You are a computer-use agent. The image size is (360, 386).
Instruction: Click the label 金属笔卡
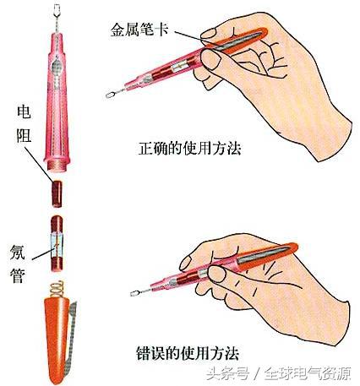pyautogui.click(x=139, y=30)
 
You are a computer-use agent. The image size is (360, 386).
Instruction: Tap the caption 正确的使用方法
pyautogui.click(x=189, y=149)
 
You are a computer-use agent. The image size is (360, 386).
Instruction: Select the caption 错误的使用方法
pyautogui.click(x=188, y=353)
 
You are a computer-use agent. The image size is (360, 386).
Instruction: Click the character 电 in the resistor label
pyautogui.click(x=24, y=111)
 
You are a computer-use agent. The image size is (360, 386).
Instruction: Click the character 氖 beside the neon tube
pyautogui.click(x=18, y=252)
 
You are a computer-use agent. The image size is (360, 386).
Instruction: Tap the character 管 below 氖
pyautogui.click(x=18, y=275)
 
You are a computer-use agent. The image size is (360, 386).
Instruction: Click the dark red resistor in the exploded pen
pyautogui.click(x=57, y=194)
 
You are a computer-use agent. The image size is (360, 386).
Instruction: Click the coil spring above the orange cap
pyautogui.click(x=57, y=289)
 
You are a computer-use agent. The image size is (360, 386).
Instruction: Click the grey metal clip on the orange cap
pyautogui.click(x=71, y=338)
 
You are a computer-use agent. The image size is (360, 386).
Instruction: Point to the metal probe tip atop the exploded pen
pyautogui.click(x=57, y=14)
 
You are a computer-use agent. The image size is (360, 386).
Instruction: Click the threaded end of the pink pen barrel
pyautogui.click(x=58, y=165)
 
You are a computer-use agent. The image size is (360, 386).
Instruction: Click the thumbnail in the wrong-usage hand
pyautogui.click(x=217, y=273)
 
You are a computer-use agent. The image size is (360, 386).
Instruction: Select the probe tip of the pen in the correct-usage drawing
pyautogui.click(x=111, y=95)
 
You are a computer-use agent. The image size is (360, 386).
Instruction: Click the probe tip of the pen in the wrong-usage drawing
pyautogui.click(x=135, y=293)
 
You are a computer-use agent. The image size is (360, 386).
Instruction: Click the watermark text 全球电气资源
pyautogui.click(x=308, y=374)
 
